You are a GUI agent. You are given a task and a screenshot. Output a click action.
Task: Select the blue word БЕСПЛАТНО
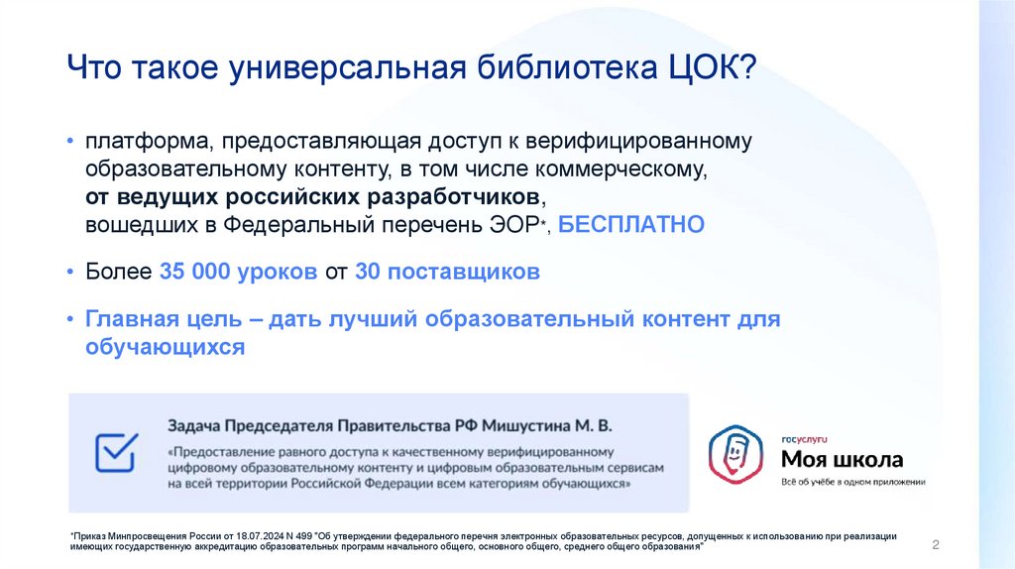pyautogui.click(x=631, y=225)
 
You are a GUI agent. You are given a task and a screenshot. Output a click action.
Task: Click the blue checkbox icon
pyautogui.click(x=115, y=452)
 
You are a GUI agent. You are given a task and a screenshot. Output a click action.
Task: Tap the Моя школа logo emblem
pyautogui.click(x=734, y=454)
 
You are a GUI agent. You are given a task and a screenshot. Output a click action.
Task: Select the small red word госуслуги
pyautogui.click(x=804, y=437)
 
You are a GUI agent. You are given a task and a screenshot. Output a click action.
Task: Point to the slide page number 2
pyautogui.click(x=936, y=546)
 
